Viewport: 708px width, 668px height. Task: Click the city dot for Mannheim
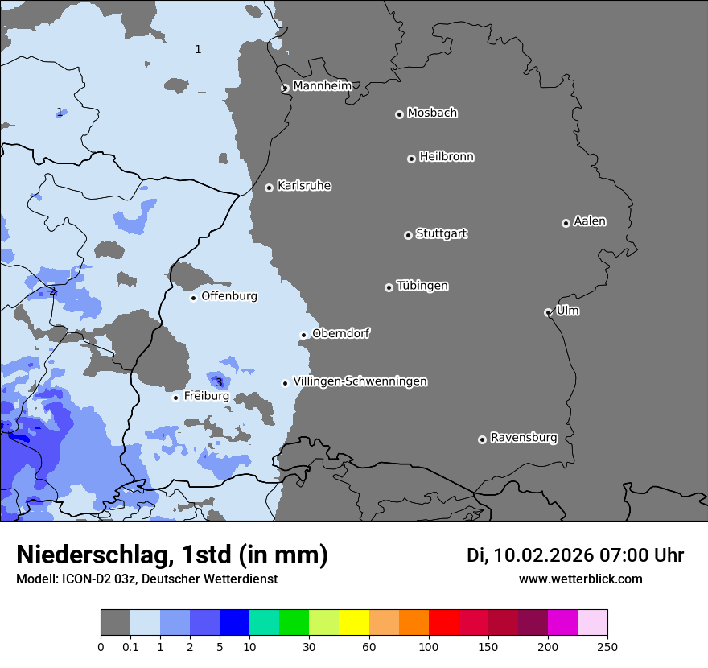tap(285, 89)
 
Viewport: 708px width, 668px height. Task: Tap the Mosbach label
tap(432, 113)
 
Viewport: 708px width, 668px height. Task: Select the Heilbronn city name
tap(447, 157)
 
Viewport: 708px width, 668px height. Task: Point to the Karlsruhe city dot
tap(270, 188)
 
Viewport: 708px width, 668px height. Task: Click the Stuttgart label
tap(441, 234)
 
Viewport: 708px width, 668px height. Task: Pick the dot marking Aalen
tap(566, 223)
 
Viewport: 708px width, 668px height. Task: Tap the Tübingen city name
tap(422, 287)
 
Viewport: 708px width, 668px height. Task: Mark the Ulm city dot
tap(548, 312)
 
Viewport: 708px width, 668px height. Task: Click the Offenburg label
tap(229, 296)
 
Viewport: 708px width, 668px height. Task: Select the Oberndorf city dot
tap(304, 335)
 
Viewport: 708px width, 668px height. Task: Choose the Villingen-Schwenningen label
tap(360, 381)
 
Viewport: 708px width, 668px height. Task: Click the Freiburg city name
tap(206, 396)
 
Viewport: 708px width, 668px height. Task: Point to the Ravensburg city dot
tap(482, 439)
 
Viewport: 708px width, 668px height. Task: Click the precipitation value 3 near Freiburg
tap(219, 382)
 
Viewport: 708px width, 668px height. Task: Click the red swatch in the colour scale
tap(443, 623)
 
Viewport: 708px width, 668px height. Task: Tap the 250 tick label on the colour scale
tap(607, 646)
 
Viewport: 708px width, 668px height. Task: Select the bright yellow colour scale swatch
tap(354, 623)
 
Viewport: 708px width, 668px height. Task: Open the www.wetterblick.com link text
tap(580, 579)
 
